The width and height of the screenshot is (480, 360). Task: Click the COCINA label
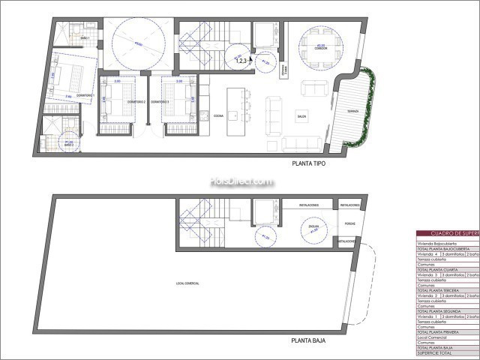(x=218, y=116)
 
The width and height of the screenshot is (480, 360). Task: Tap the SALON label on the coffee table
(x=301, y=117)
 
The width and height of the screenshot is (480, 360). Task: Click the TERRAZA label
(x=352, y=112)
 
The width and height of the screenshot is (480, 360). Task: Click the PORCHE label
(x=349, y=223)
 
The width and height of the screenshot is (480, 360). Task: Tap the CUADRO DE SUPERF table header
(x=447, y=233)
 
